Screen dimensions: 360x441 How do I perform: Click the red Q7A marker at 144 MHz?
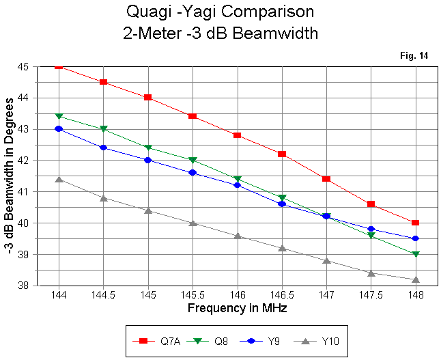(x=59, y=66)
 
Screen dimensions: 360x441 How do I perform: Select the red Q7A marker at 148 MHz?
(x=415, y=223)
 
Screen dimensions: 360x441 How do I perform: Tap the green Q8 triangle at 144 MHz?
(x=59, y=116)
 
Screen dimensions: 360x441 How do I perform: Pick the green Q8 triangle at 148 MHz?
(x=415, y=254)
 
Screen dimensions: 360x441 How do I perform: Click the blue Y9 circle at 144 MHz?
(x=59, y=128)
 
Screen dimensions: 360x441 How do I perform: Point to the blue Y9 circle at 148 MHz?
(x=415, y=238)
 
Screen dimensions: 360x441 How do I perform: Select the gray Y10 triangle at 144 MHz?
(x=59, y=179)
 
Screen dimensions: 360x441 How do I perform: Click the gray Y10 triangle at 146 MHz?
(x=237, y=236)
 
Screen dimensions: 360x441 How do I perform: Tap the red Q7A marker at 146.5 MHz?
(x=282, y=154)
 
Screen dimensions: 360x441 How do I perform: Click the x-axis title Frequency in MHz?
(x=237, y=308)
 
